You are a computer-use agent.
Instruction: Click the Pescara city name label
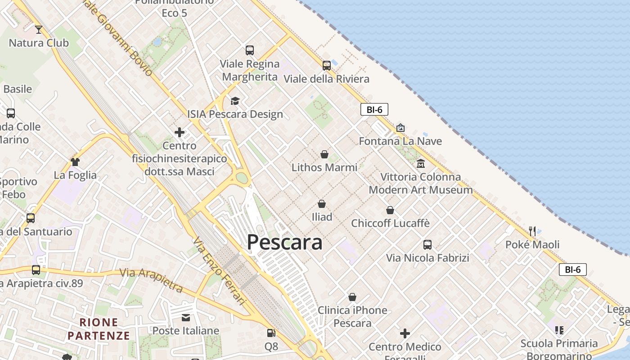[x=284, y=242]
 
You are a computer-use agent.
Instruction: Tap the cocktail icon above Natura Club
[x=39, y=30]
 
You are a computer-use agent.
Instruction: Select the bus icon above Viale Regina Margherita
[x=250, y=50]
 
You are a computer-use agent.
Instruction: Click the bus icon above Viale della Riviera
[x=327, y=66]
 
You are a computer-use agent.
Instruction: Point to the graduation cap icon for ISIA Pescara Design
[x=235, y=101]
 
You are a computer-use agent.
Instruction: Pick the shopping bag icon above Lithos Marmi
[x=324, y=154]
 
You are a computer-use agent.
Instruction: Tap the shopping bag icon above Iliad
[x=322, y=204]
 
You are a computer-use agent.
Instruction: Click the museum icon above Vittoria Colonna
[x=421, y=163]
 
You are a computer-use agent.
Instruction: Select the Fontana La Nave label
[x=400, y=141]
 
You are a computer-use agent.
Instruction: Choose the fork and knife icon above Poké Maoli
[x=533, y=231]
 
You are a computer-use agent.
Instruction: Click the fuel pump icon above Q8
[x=271, y=333]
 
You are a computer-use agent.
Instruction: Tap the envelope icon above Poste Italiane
[x=186, y=318]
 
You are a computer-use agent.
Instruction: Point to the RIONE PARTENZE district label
[x=99, y=329]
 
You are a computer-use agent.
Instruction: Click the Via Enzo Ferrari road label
[x=220, y=271]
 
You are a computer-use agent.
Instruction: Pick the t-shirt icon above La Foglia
[x=75, y=162]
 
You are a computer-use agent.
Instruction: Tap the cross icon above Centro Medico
[x=405, y=333]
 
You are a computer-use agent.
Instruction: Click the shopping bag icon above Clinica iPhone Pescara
[x=352, y=297]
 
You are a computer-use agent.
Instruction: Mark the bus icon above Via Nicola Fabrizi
[x=427, y=245]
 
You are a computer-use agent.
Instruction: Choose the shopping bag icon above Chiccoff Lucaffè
[x=390, y=210]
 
